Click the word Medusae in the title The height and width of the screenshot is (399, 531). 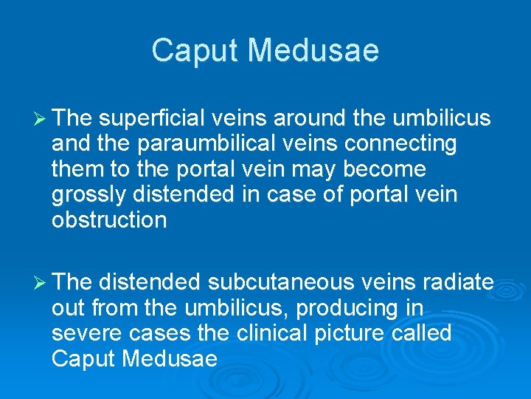pos(313,51)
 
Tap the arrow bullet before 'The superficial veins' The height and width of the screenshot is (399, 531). pos(40,117)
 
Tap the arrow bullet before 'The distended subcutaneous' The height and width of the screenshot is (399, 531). pos(40,282)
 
